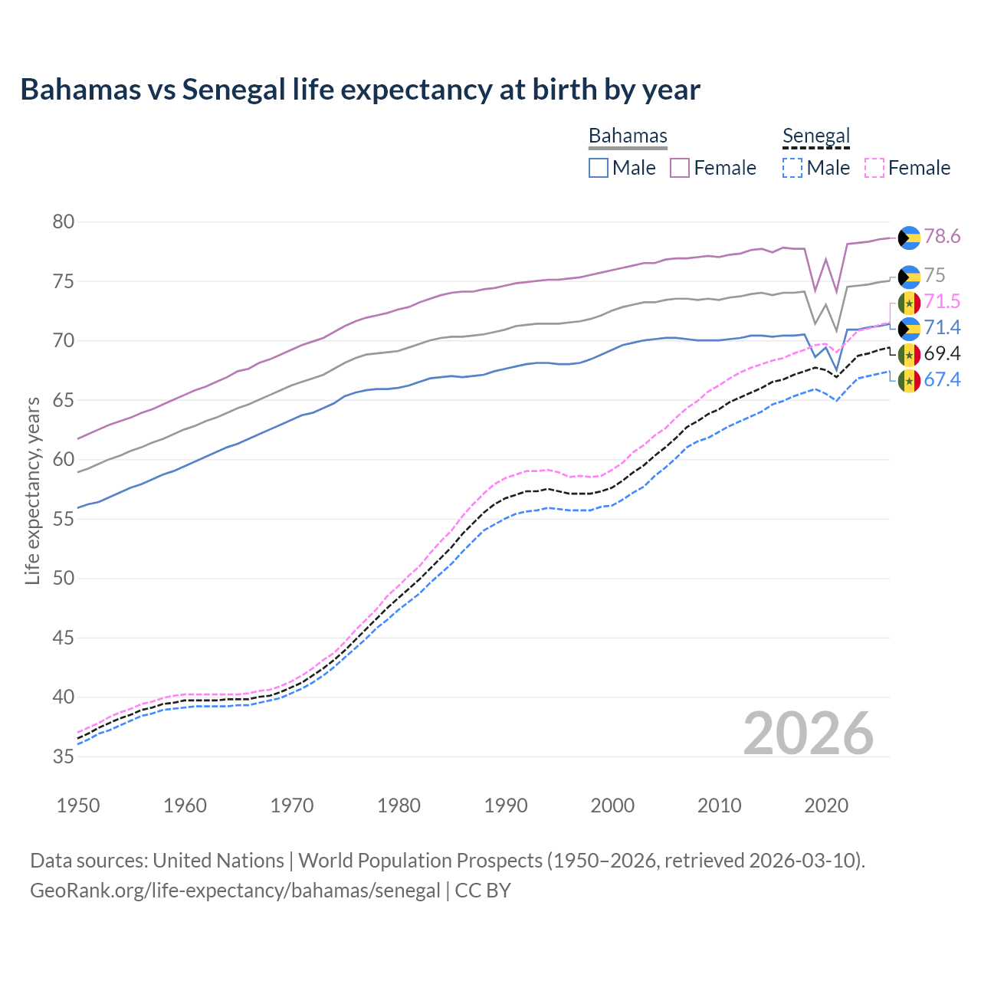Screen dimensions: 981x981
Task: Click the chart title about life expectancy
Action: [360, 90]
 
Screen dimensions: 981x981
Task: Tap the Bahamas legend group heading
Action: [628, 136]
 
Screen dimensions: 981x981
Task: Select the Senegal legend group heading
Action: [816, 136]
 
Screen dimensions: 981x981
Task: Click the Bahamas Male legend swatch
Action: [599, 168]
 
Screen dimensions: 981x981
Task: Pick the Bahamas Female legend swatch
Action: [681, 168]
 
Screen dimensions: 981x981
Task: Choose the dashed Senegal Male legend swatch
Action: [792, 168]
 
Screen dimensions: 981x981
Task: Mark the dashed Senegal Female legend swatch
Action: [874, 168]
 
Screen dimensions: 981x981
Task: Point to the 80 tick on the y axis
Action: [64, 222]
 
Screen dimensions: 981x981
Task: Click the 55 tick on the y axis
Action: [64, 519]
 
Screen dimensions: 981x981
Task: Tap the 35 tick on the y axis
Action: [64, 756]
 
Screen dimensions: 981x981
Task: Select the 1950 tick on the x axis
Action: [78, 805]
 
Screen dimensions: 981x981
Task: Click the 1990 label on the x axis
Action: [506, 805]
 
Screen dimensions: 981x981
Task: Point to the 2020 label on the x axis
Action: [826, 805]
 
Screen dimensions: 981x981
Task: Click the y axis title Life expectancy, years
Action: [32, 490]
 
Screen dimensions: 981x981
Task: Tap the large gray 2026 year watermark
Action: [808, 733]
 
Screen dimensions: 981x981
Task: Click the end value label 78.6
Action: [942, 237]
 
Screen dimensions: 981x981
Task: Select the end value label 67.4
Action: [942, 380]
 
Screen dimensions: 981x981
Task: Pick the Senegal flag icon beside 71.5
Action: [909, 303]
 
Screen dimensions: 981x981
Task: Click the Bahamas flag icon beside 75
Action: [909, 277]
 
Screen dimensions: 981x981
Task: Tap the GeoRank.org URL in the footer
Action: [235, 891]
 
